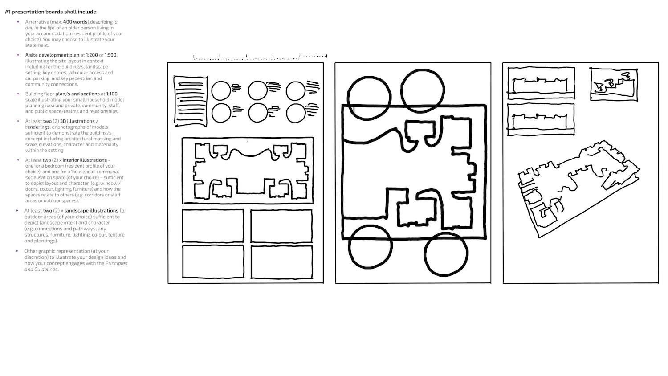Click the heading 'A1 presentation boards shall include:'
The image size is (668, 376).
coord(51,12)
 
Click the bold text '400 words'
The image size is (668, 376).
coord(75,22)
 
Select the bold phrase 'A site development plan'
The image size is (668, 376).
coord(52,55)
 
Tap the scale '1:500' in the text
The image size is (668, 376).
coord(110,55)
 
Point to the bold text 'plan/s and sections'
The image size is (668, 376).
coord(77,94)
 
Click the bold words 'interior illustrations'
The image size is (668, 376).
coord(85,160)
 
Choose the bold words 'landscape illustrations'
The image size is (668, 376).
coord(91,211)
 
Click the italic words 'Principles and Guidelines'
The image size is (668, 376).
coord(76,266)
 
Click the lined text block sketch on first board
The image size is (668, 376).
coord(191,102)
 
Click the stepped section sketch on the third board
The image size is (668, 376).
coord(614,85)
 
